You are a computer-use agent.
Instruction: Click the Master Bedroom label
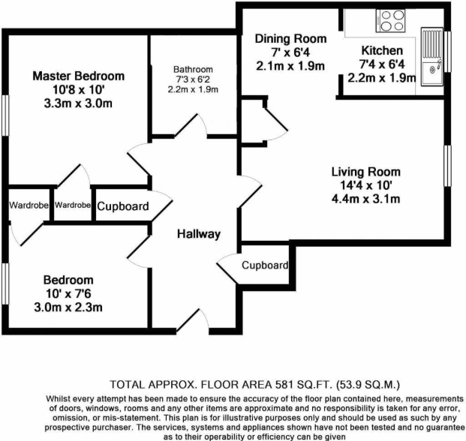[78, 76]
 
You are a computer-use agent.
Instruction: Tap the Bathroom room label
[194, 69]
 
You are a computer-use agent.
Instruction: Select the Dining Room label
[290, 39]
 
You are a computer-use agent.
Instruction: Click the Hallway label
[199, 234]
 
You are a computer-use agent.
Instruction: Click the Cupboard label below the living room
[264, 265]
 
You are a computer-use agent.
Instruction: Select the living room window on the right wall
[448, 163]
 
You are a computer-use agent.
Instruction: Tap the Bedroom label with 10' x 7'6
[68, 279]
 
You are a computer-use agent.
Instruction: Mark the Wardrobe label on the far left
[25, 205]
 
